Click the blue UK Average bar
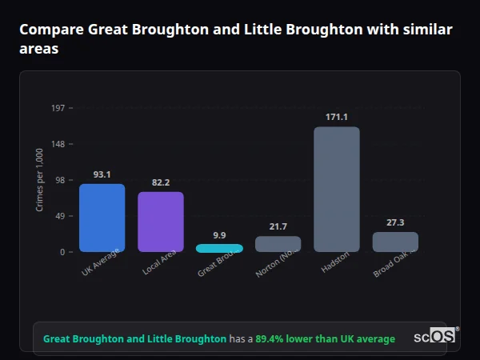pos(102,218)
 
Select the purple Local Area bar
pos(161,222)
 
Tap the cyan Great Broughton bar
pos(219,248)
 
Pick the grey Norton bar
pos(278,244)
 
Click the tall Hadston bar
pos(336,190)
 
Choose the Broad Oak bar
pos(395,242)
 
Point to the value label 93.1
pos(102,174)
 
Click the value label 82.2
pos(161,182)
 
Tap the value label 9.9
pos(219,235)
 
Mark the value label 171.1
pos(336,117)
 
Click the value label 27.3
pos(395,222)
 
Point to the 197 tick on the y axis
pos(58,108)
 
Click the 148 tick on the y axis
pos(58,144)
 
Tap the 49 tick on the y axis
pos(60,216)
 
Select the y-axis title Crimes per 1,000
pos(40,180)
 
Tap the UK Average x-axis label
pos(101,263)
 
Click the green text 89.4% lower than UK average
pos(325,339)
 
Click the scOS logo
pos(436,336)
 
